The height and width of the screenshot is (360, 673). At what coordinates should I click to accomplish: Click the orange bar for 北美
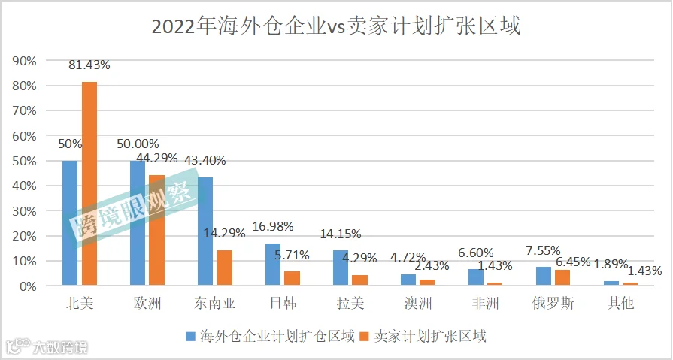[x=89, y=183]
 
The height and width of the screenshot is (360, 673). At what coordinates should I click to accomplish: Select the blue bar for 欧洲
[x=138, y=223]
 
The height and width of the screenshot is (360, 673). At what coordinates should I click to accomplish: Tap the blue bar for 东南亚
[x=205, y=231]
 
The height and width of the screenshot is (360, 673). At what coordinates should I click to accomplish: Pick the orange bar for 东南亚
[x=225, y=268]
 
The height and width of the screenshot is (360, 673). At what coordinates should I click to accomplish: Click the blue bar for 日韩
[x=273, y=265]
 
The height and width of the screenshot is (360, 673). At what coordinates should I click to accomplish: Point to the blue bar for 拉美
[x=341, y=268]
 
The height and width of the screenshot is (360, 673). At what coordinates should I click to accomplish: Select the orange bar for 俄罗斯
[x=562, y=277]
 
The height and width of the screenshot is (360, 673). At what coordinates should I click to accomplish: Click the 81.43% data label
[x=89, y=65]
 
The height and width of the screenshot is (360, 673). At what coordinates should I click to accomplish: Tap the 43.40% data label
[x=205, y=161]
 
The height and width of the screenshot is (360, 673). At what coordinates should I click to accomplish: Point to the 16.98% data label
[x=273, y=226]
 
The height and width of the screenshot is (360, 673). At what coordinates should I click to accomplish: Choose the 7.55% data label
[x=544, y=250]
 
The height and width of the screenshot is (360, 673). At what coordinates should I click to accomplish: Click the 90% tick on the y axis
[x=26, y=61]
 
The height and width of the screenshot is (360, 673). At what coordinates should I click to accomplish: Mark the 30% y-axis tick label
[x=26, y=211]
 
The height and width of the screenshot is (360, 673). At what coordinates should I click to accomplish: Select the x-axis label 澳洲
[x=417, y=304]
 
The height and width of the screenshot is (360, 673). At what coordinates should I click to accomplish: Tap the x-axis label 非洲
[x=486, y=304]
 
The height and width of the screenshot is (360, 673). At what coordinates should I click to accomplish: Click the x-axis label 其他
[x=620, y=304]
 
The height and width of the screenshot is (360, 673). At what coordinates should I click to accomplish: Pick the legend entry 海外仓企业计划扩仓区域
[x=271, y=336]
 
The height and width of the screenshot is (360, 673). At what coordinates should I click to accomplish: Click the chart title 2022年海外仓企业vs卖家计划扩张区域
[x=336, y=26]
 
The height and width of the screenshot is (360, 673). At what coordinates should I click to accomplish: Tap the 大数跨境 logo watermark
[x=47, y=346]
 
